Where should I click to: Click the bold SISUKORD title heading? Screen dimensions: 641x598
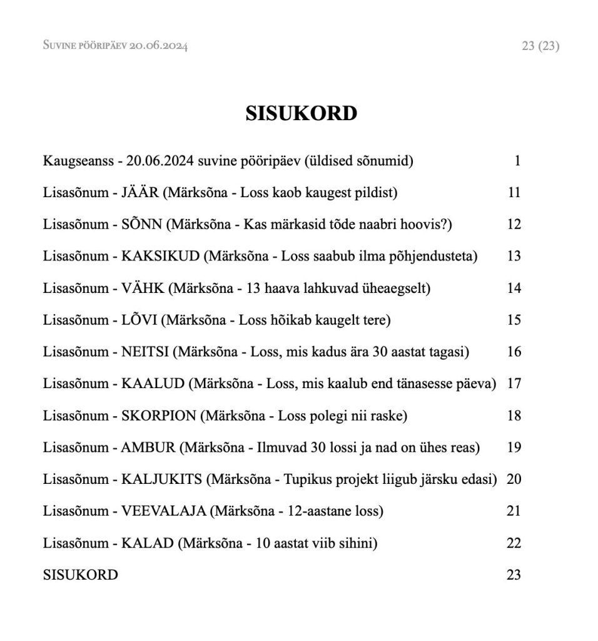click(302, 113)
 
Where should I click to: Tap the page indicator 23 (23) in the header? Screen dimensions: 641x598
click(540, 46)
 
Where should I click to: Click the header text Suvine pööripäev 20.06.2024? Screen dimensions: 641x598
click(116, 46)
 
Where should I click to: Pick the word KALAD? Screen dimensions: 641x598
click(147, 543)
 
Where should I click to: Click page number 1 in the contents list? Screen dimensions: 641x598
click(517, 161)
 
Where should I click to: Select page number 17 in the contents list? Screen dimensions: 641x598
click(514, 384)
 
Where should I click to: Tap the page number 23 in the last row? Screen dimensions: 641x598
click(514, 575)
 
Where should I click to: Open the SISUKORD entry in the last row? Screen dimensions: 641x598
click(80, 575)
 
